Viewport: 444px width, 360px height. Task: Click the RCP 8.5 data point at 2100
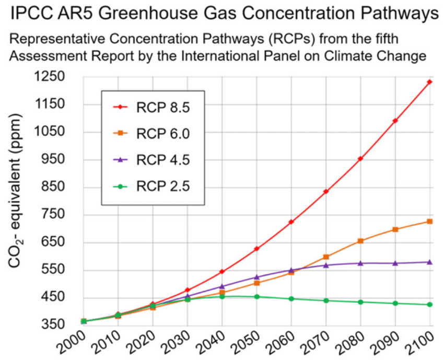pos(430,82)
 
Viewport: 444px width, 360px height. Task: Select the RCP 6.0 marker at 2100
pos(430,222)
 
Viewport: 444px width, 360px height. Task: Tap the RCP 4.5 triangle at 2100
pos(430,262)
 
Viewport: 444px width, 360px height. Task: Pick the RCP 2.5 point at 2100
pos(430,305)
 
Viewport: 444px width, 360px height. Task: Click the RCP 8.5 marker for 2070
pos(326,191)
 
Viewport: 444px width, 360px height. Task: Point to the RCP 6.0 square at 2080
pos(360,241)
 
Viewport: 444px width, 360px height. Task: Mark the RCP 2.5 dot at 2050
pos(256,297)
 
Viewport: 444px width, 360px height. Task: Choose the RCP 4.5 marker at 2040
pos(222,286)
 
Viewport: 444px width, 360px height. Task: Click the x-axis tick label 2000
pos(76,345)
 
